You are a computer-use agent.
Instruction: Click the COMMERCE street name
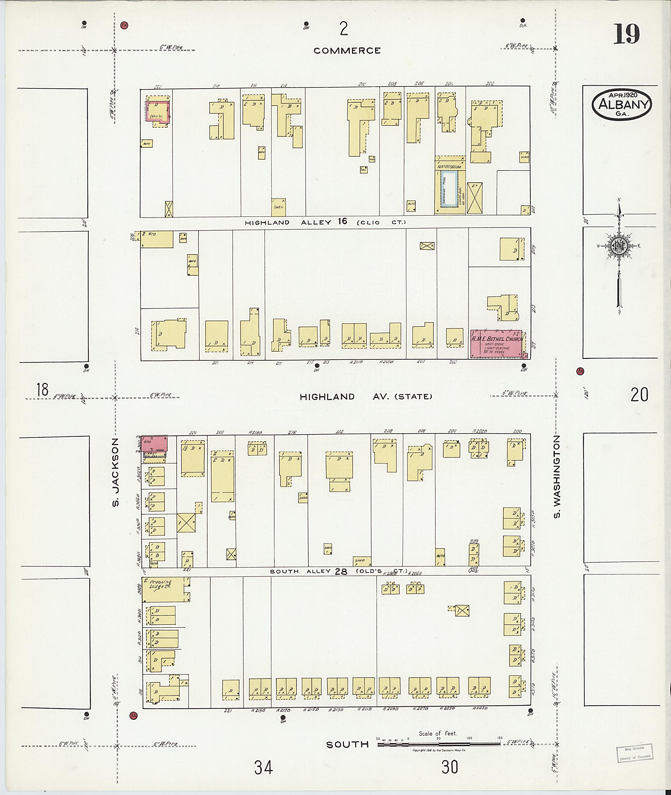[347, 50]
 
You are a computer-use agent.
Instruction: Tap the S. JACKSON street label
[116, 472]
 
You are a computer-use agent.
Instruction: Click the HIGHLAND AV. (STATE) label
[366, 397]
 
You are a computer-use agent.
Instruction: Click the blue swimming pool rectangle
[449, 189]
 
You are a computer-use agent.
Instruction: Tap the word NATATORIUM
[449, 167]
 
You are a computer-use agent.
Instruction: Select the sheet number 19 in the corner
[626, 34]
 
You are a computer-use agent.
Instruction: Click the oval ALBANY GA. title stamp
[622, 104]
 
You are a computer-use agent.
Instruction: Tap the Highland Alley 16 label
[325, 222]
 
